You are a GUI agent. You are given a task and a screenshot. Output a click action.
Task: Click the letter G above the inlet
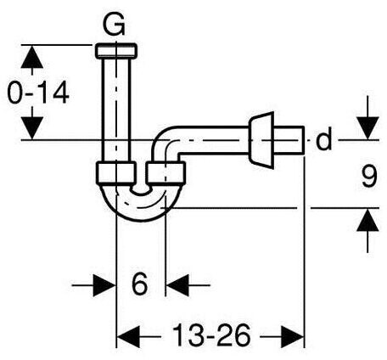(x=114, y=25)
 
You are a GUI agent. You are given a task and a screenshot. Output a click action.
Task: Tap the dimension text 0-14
(x=38, y=93)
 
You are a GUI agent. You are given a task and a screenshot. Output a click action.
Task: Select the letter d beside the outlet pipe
(x=323, y=139)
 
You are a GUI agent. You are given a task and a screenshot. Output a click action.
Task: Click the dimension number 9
(x=369, y=177)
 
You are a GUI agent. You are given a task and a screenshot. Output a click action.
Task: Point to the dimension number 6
(x=140, y=284)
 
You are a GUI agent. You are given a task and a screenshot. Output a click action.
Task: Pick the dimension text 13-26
(x=211, y=336)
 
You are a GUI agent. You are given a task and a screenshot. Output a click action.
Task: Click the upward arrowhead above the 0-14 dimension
(x=32, y=57)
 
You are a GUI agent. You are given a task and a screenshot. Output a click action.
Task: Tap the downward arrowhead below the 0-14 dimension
(x=32, y=128)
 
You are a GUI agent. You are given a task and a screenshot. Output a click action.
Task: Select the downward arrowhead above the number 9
(x=367, y=128)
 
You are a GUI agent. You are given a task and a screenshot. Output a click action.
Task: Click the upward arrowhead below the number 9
(x=367, y=220)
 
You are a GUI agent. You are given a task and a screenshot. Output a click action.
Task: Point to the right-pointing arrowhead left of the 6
(x=104, y=285)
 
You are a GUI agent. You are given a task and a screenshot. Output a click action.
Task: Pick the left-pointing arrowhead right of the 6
(x=177, y=285)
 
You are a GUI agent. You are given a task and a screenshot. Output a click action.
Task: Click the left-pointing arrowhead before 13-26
(x=128, y=337)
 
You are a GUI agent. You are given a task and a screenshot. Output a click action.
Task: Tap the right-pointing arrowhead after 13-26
(x=292, y=337)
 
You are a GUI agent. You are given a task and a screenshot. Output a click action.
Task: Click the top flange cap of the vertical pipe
(x=116, y=51)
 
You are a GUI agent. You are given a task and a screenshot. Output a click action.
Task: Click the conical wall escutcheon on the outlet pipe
(x=261, y=140)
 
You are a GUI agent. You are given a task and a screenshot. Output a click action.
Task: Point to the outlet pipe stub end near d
(x=289, y=140)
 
